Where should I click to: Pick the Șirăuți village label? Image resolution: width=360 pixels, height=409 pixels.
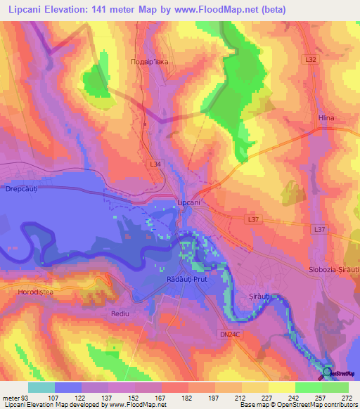(x=260, y=297)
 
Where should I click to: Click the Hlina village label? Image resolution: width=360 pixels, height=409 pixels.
(x=326, y=118)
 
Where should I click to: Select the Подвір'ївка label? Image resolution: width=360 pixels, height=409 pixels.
(x=150, y=62)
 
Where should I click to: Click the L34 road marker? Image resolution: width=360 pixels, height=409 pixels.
(x=155, y=164)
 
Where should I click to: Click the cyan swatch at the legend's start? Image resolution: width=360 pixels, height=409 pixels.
(x=41, y=387)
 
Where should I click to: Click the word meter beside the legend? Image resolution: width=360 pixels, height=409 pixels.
(x=11, y=398)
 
